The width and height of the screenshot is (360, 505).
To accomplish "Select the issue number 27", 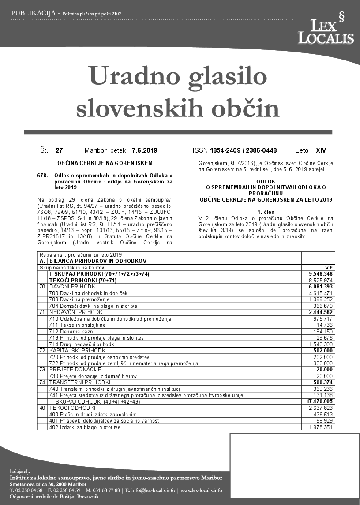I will [59, 150].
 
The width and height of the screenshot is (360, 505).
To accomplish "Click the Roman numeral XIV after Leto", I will [321, 150].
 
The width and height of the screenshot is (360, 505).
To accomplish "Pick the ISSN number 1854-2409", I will [226, 150].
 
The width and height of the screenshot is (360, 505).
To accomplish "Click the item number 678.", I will [43, 176].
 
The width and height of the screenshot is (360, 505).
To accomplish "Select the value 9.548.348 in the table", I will [320, 274].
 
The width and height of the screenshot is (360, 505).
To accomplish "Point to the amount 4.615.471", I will [321, 293].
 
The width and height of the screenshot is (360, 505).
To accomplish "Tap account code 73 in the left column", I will [43, 369].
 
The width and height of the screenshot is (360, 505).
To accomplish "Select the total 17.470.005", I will [319, 402].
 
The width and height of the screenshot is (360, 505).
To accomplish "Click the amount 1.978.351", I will [321, 427].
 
